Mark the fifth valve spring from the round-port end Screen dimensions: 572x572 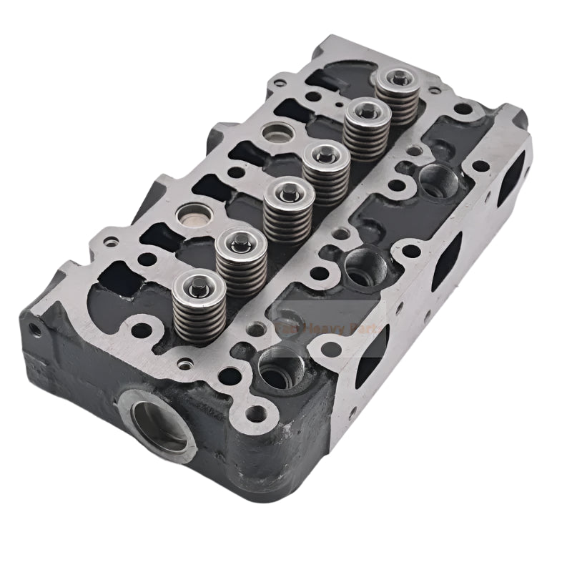(365, 132)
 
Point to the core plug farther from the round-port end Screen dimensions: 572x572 (275, 132)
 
